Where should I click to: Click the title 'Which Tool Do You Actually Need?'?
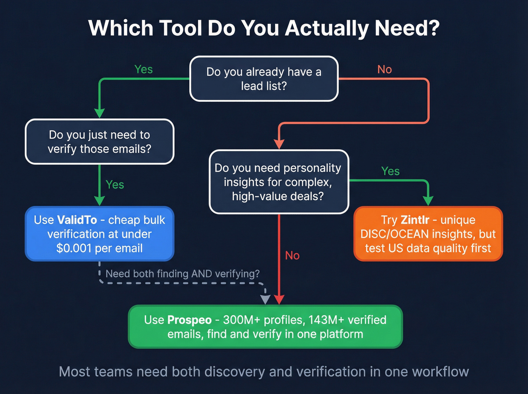[x=264, y=28]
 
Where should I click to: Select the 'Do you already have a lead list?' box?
[x=264, y=79]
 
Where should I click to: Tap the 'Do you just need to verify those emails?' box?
[x=100, y=142]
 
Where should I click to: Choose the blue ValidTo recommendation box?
[x=100, y=234]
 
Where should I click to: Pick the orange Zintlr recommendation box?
[x=428, y=234]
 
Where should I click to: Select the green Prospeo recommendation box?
[x=266, y=327]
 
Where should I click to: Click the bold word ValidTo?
[x=77, y=220]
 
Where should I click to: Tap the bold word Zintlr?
[x=415, y=220]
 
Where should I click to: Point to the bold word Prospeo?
[x=189, y=320]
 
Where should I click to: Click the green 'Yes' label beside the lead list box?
[x=143, y=69]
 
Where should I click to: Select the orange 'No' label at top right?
[x=384, y=69]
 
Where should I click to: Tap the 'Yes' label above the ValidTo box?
[x=115, y=185]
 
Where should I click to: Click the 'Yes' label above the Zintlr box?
[x=390, y=171]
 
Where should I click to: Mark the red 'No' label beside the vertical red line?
[x=292, y=256]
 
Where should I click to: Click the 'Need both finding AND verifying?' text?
[x=183, y=274]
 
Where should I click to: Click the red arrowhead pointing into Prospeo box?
[x=279, y=299]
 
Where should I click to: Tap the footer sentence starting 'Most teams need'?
[x=264, y=372]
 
